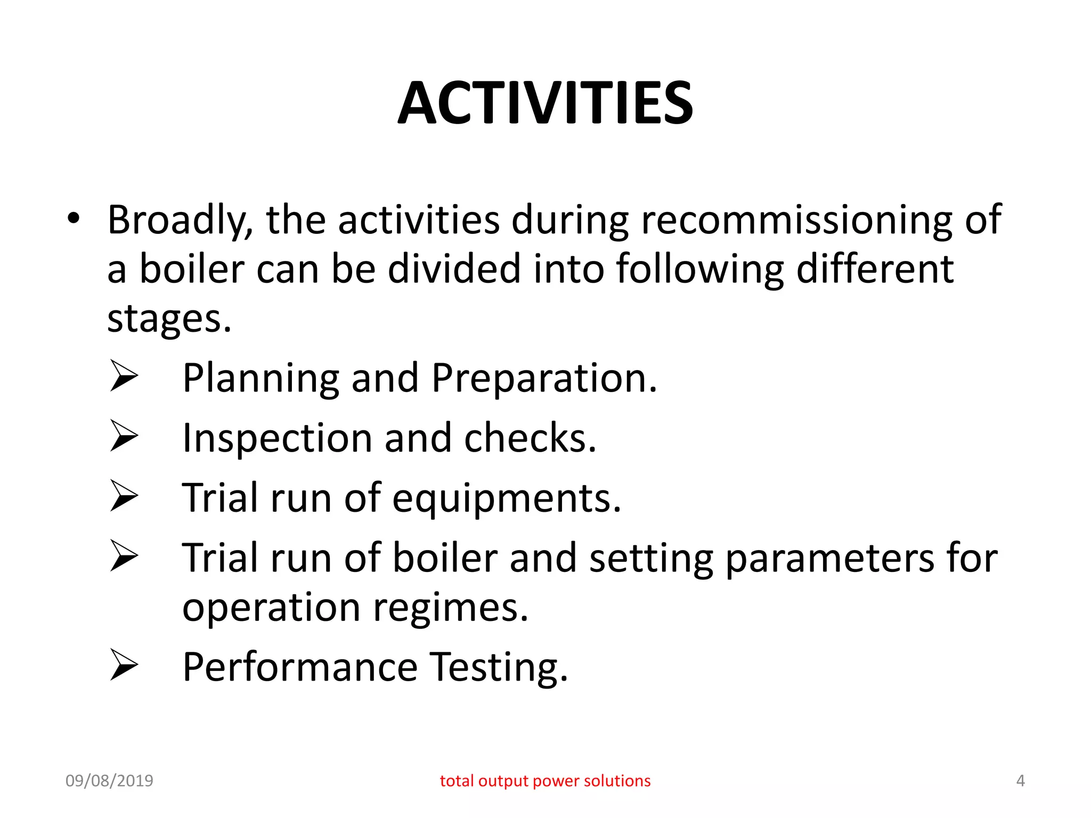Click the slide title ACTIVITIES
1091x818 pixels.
[545, 103]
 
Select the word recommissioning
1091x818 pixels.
[796, 220]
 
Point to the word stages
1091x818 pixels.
[169, 320]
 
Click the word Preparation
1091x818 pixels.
[544, 379]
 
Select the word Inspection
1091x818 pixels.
[277, 438]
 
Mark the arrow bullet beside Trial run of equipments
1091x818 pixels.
[124, 496]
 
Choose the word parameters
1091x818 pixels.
[829, 559]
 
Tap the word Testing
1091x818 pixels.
[499, 668]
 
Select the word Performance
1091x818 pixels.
[300, 667]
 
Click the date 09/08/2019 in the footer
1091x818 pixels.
[109, 781]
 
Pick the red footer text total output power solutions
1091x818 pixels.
[545, 781]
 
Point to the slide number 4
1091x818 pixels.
[1020, 781]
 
